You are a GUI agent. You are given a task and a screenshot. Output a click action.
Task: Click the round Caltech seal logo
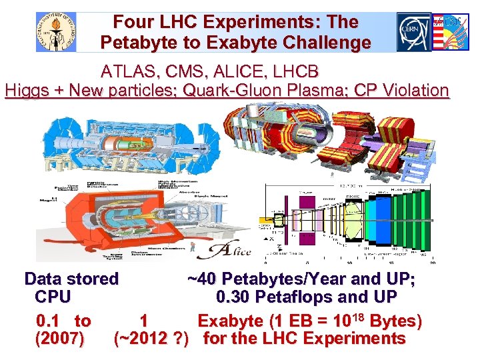click(57, 32)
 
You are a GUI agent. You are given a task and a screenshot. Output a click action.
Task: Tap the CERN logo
click(414, 32)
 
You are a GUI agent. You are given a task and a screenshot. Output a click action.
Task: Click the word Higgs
click(29, 90)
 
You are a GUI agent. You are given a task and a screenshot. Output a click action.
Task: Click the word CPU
click(53, 297)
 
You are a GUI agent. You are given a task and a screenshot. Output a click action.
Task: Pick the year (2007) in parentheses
click(59, 339)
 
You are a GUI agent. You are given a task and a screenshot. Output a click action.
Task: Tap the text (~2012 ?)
click(155, 339)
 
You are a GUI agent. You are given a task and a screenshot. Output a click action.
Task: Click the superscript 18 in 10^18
click(357, 316)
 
